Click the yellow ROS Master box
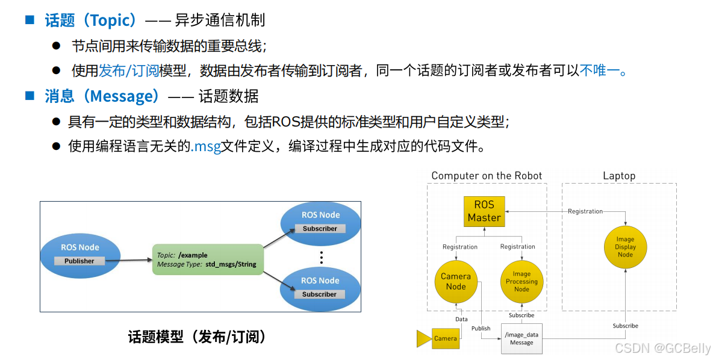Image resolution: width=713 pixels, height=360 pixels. point(484,211)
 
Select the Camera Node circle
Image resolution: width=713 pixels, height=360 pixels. point(456,281)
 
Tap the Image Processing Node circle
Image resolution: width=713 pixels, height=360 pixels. point(522,281)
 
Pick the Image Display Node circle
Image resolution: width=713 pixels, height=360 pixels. point(625,247)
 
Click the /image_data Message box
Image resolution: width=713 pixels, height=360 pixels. point(522,339)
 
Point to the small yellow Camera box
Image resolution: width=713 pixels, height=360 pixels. point(445,338)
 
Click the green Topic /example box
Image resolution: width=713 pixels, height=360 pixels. point(208,259)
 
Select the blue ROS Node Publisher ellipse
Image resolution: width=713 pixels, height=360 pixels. point(79,253)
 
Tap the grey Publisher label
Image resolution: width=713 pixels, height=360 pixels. point(79,261)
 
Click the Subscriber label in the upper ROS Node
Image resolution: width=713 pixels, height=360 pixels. point(320,229)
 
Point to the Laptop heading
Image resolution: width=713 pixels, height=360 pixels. point(619,176)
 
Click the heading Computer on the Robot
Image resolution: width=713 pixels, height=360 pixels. point(487,176)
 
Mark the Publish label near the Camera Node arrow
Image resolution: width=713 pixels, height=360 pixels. point(481,328)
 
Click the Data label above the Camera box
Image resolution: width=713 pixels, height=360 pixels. point(461,319)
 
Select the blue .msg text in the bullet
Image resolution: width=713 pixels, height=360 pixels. point(206,146)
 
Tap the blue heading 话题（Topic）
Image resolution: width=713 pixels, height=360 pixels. point(91,20)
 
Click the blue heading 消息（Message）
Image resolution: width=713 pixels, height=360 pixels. point(102,96)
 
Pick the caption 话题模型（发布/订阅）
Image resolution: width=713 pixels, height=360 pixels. point(197,337)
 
